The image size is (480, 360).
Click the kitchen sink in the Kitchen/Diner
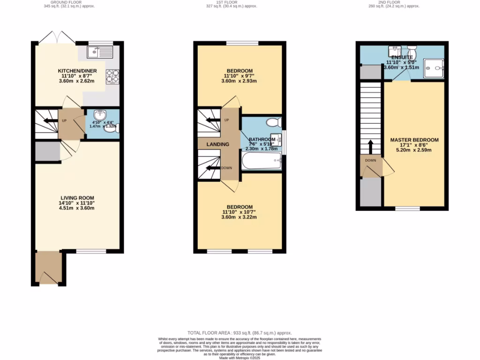[99, 51]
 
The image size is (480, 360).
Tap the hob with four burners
[113, 76]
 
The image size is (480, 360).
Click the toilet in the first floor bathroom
[272, 122]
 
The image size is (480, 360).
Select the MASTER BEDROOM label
[414, 140]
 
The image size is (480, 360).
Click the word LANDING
[218, 144]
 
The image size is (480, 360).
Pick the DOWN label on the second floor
[370, 160]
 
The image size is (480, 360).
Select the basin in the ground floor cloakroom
[99, 116]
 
